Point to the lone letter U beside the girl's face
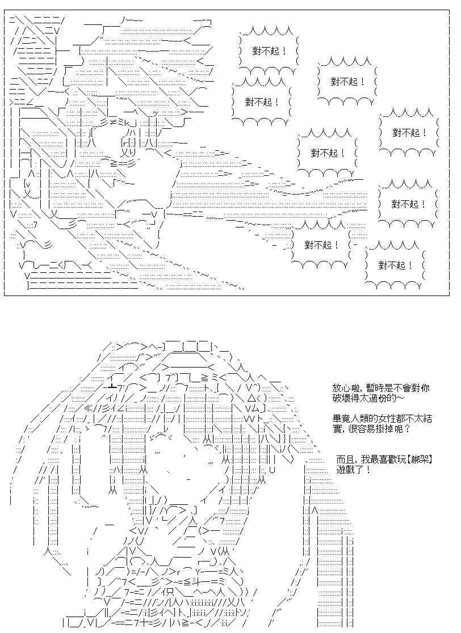pos(272,470)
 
